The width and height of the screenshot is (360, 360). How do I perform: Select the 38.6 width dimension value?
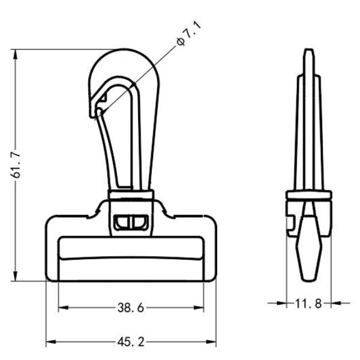130,308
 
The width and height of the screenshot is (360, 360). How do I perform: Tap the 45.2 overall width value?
130,342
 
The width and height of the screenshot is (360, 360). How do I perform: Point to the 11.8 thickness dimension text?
308,304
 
